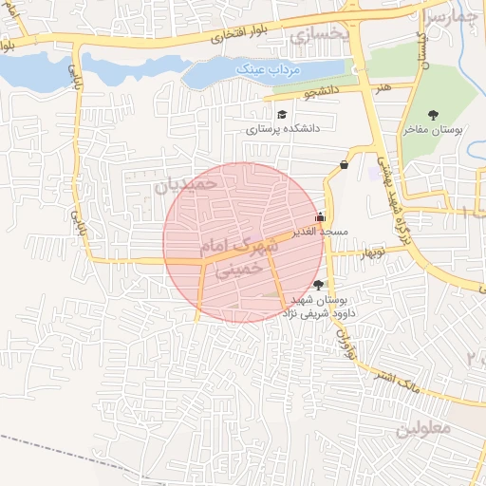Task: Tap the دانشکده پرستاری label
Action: [284, 127]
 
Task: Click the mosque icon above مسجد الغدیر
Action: [319, 215]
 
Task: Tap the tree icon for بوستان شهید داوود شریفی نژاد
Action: [317, 284]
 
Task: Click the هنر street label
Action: [383, 87]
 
